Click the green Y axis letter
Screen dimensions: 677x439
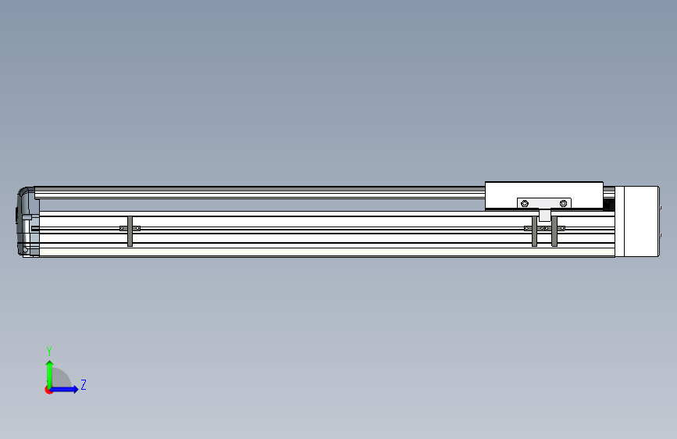click(x=49, y=352)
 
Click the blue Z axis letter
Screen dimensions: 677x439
click(x=84, y=384)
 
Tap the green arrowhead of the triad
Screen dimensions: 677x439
click(x=50, y=364)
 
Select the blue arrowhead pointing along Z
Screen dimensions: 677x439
click(x=75, y=389)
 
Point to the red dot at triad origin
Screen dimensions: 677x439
click(x=48, y=390)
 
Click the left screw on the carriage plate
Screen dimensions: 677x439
click(x=525, y=204)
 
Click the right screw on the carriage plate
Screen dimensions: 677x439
click(x=563, y=204)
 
